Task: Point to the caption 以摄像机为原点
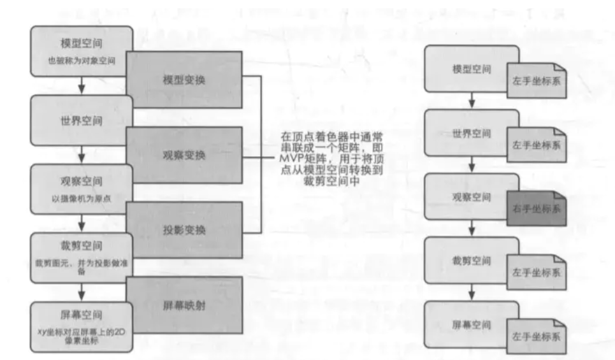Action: coord(81,199)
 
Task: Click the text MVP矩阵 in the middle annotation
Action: coord(303,158)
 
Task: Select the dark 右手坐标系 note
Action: coord(537,208)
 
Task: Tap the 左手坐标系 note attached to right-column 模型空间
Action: coord(537,81)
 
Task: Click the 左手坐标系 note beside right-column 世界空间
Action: coord(537,145)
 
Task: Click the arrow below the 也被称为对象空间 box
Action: coord(81,86)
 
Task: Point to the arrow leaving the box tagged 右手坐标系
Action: coord(472,227)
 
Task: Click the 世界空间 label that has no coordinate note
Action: coord(81,120)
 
